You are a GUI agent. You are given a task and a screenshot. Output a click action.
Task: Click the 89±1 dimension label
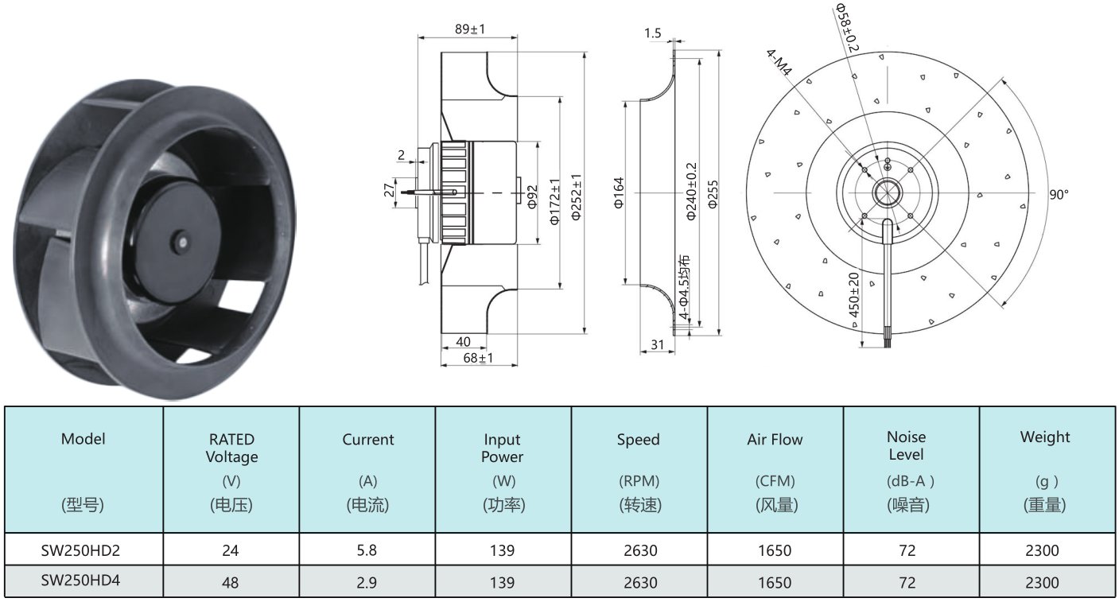click(x=469, y=29)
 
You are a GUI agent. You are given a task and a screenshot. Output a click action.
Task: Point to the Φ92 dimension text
click(x=533, y=196)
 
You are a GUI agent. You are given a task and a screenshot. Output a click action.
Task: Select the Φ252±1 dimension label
click(x=576, y=197)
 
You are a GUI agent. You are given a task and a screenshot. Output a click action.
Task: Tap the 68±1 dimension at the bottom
click(x=478, y=358)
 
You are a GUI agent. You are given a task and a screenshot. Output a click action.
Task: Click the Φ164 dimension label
click(x=619, y=192)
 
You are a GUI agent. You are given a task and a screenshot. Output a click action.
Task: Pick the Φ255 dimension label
click(x=713, y=194)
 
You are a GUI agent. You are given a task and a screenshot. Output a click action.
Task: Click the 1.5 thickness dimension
click(x=652, y=33)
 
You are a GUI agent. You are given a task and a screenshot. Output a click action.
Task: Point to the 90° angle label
click(x=1059, y=194)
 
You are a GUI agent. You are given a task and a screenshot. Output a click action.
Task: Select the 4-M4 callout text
click(x=779, y=63)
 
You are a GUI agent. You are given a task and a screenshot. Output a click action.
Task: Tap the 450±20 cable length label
click(x=853, y=295)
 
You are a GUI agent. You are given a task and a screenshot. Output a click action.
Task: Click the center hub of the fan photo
click(x=183, y=243)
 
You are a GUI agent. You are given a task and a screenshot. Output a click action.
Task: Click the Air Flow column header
click(x=775, y=439)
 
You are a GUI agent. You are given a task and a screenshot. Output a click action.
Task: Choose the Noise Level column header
click(x=906, y=445)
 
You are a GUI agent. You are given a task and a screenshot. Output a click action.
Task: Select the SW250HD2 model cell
click(x=80, y=550)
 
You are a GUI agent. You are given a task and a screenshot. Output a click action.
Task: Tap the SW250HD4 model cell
click(x=80, y=580)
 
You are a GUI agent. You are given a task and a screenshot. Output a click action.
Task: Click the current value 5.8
click(x=367, y=550)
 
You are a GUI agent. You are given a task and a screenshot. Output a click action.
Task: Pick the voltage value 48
click(x=231, y=582)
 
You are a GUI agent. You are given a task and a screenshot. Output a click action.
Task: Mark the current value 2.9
click(x=367, y=582)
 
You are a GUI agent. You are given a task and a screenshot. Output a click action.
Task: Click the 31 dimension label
click(x=658, y=344)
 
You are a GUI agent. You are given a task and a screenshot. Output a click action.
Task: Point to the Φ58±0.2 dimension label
click(x=847, y=28)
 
